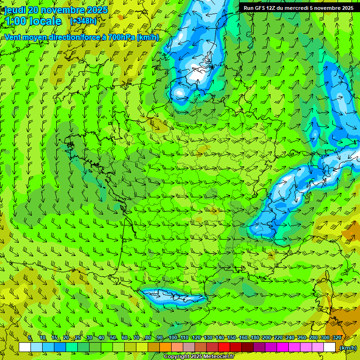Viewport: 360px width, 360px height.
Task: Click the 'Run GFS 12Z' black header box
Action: tap(299, 7)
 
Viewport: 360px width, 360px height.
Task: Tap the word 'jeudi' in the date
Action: tap(15, 10)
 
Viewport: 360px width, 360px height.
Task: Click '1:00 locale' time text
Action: tap(33, 21)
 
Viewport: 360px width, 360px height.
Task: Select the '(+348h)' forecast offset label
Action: tap(83, 21)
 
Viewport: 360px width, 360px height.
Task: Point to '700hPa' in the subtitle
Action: tap(122, 37)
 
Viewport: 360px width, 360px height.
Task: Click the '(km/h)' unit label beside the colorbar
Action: tap(347, 348)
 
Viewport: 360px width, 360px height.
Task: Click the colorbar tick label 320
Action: tap(337, 337)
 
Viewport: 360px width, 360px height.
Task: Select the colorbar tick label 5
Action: tap(30, 337)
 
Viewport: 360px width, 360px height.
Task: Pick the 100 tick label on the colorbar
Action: tap(172, 337)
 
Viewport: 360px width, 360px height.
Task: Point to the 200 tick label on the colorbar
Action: tap(266, 337)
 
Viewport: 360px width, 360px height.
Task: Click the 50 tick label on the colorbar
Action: tap(113, 337)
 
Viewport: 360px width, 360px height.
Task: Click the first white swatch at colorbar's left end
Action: tap(25, 347)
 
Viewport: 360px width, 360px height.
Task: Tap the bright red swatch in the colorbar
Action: tap(224, 347)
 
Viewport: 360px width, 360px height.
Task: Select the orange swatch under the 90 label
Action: tap(165, 347)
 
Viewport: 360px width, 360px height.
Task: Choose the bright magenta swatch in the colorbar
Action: tap(283, 347)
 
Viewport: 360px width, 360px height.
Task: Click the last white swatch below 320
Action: tap(330, 347)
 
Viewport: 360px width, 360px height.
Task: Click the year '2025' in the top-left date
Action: tap(97, 10)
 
